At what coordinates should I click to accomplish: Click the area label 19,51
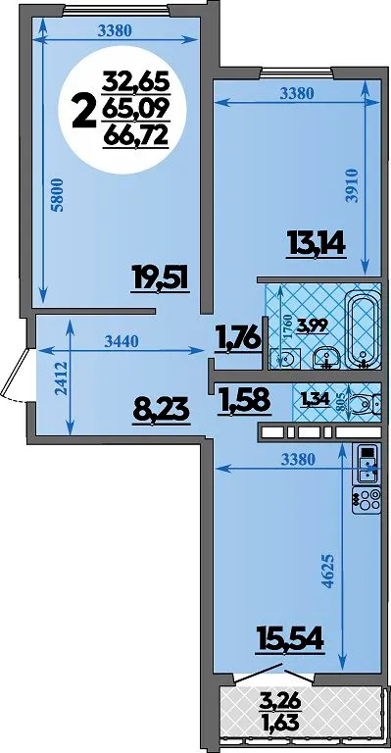pyautogui.click(x=161, y=279)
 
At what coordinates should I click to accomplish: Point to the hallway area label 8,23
pyautogui.click(x=162, y=412)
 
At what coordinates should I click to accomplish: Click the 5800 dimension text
pyautogui.click(x=58, y=195)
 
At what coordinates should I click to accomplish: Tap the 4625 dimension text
pyautogui.click(x=329, y=572)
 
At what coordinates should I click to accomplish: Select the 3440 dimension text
pyautogui.click(x=122, y=341)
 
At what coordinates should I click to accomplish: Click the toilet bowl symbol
pyautogui.click(x=365, y=404)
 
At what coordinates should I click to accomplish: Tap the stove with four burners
pyautogui.click(x=367, y=501)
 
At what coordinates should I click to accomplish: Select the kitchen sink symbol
pyautogui.click(x=367, y=464)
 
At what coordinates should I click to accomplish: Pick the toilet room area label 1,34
pyautogui.click(x=315, y=399)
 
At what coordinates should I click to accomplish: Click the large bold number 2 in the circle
pyautogui.click(x=83, y=112)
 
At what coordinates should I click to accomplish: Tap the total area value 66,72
pyautogui.click(x=136, y=137)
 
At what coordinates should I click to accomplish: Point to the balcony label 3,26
pyautogui.click(x=280, y=704)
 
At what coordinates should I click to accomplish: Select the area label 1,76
pyautogui.click(x=238, y=337)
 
